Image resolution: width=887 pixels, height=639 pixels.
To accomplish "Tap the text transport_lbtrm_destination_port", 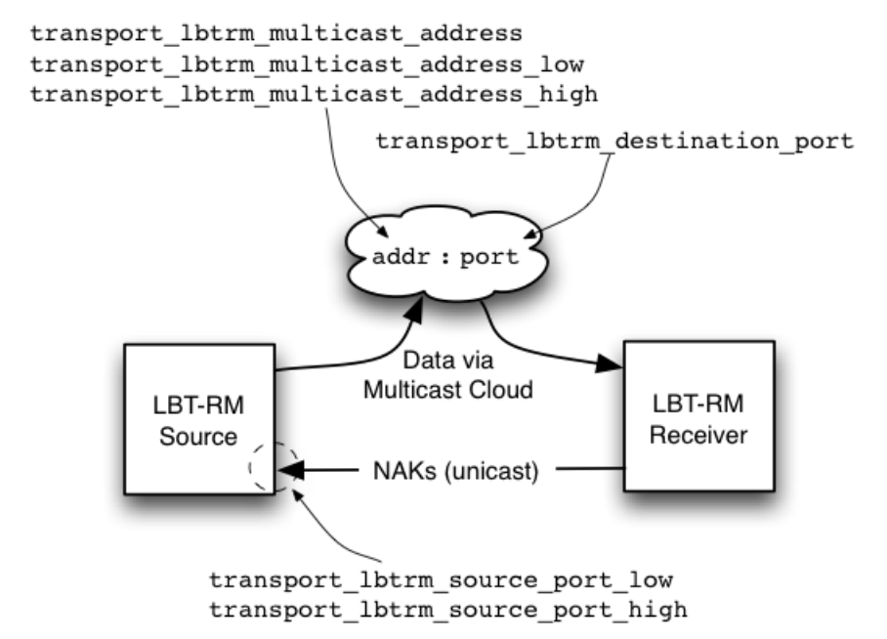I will tap(614, 141).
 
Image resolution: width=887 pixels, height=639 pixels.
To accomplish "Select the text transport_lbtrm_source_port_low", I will tap(441, 580).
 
